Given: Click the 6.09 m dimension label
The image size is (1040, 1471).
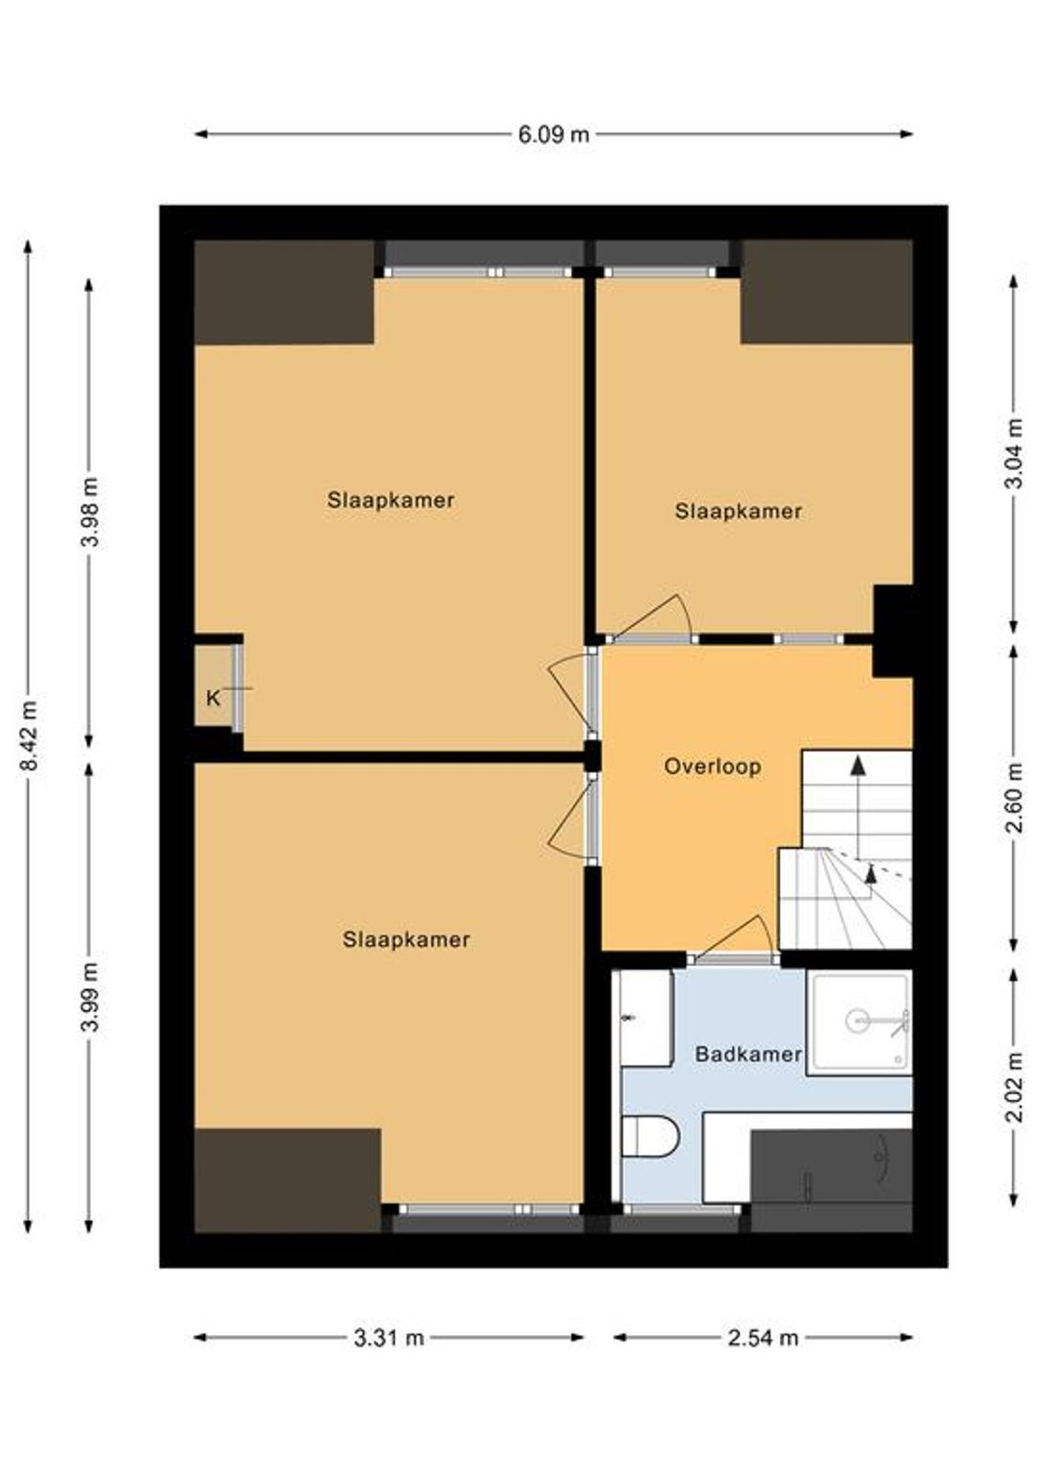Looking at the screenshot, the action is coord(554,135).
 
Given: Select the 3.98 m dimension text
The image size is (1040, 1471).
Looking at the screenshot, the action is coord(91,512).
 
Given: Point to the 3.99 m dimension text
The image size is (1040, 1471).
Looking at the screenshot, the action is coord(91,997).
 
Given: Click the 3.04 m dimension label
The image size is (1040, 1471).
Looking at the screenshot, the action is coord(1014,453).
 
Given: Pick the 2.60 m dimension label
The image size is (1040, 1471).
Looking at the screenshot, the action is coord(1014,797).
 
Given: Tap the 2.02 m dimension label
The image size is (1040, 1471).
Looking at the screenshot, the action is coord(1014,1087).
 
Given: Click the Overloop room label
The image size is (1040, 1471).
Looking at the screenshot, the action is coord(712,767).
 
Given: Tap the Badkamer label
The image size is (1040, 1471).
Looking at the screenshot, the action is coord(749,1055).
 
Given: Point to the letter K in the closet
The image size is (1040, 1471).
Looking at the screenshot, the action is coord(212,699).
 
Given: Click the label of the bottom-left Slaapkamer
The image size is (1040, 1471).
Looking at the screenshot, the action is coord(406,941).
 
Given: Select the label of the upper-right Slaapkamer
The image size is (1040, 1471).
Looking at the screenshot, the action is coord(738,512).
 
